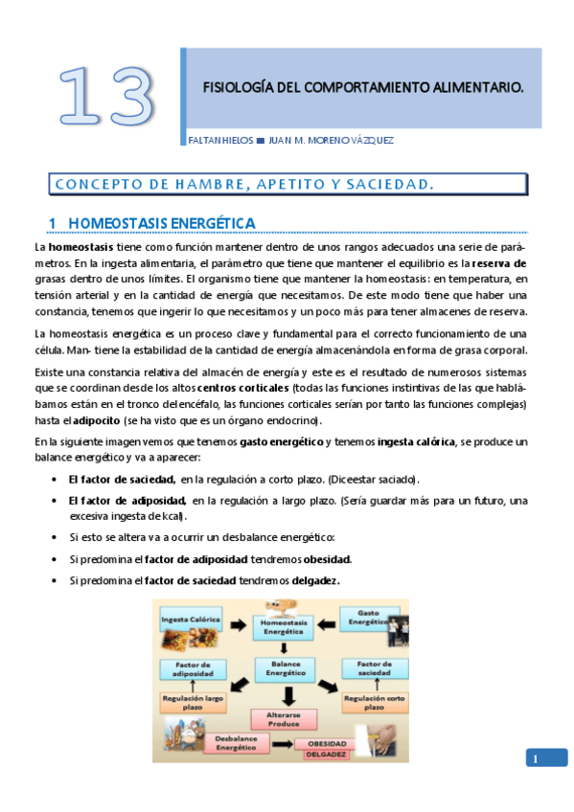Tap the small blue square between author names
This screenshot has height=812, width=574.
(x=261, y=140)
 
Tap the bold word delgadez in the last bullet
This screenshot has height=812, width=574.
(x=312, y=581)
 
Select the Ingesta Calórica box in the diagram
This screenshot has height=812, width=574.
(x=189, y=619)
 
